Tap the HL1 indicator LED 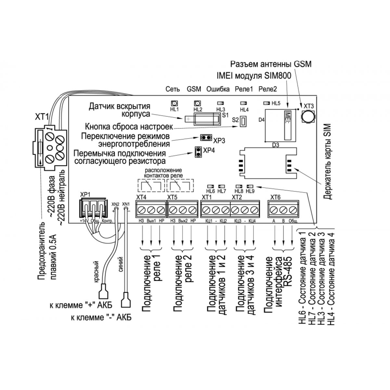point(174,103)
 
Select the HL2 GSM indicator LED point(197,103)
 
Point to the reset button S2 point(242,122)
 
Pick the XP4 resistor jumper point(197,151)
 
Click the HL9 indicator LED point(250,186)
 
